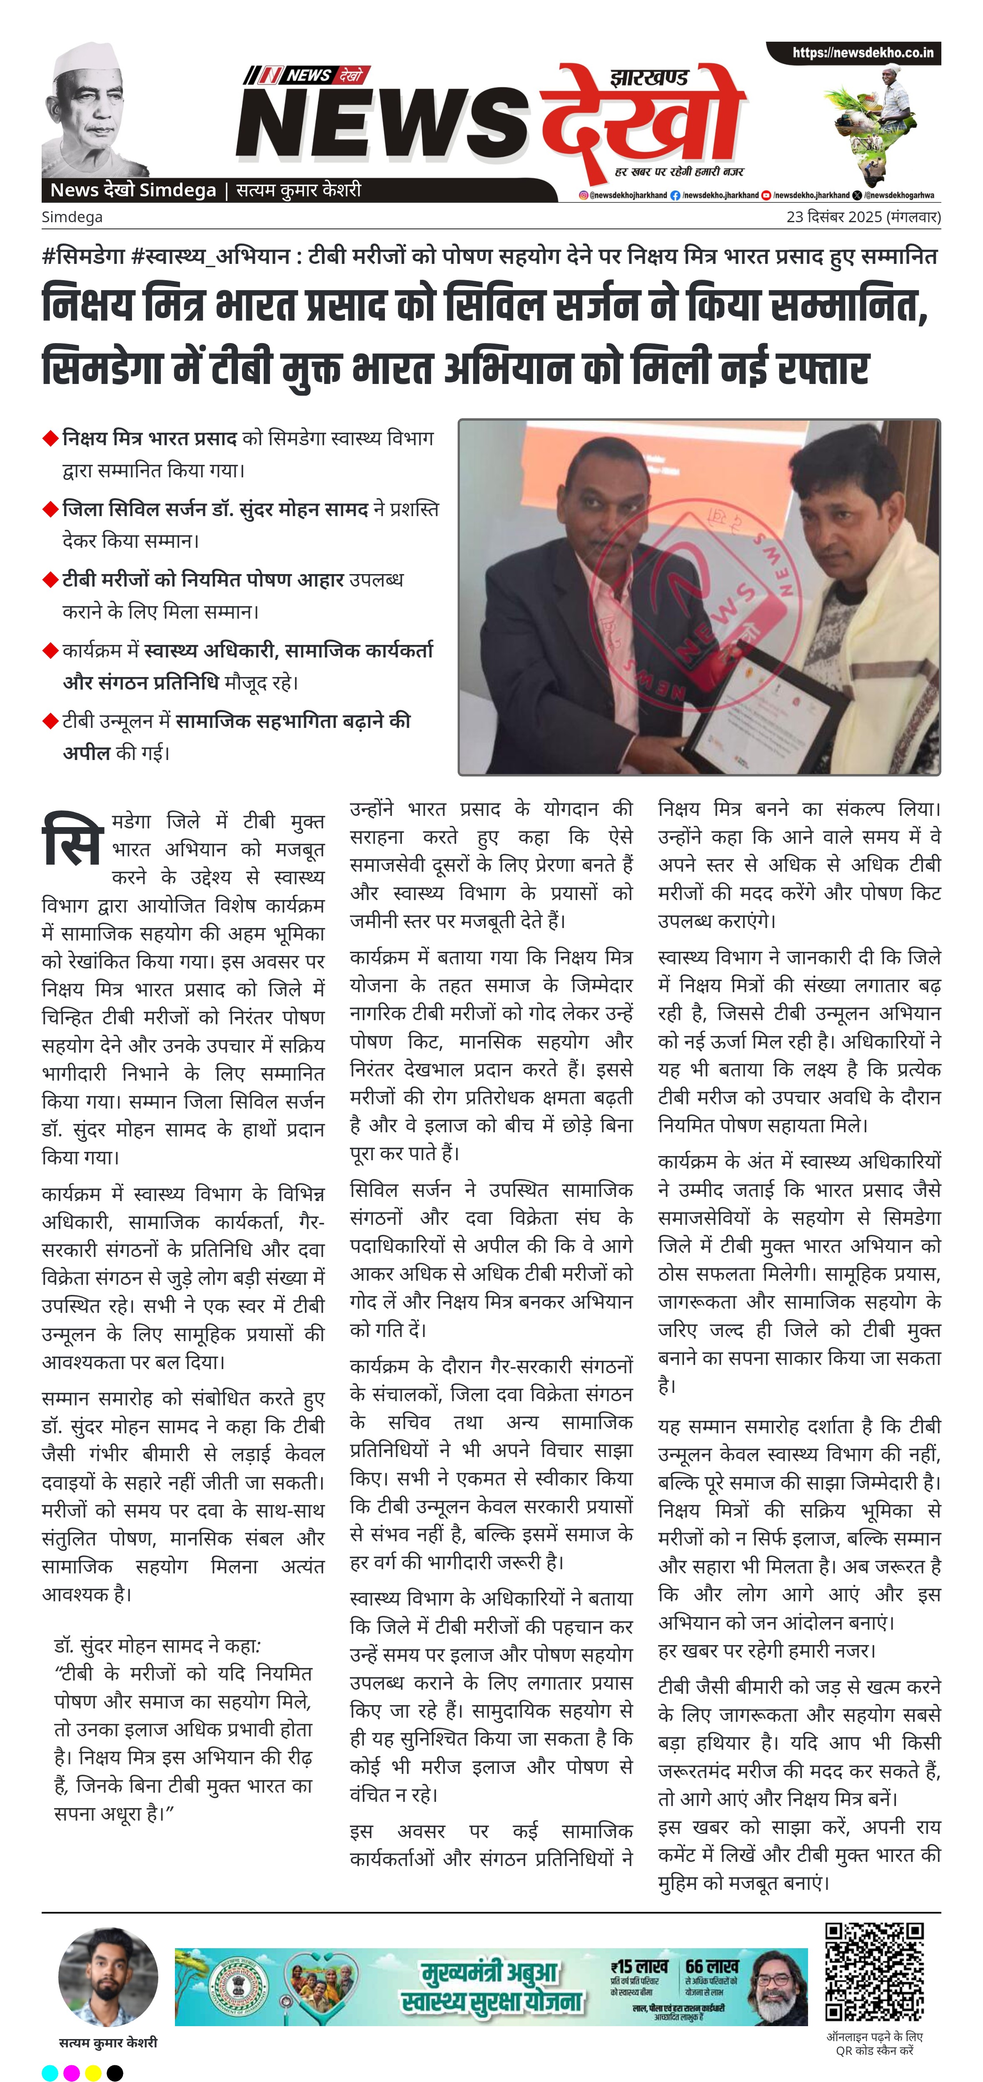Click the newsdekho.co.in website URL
click(x=862, y=53)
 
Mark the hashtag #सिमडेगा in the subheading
click(x=83, y=257)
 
